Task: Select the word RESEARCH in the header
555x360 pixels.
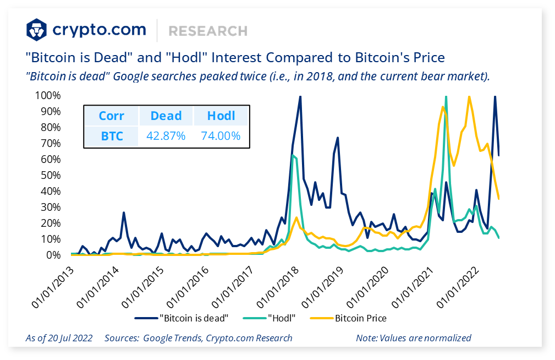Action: tap(208, 31)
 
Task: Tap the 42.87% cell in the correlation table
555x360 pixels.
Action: tap(166, 136)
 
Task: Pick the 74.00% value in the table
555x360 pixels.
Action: tap(221, 136)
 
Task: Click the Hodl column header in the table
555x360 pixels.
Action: tap(221, 116)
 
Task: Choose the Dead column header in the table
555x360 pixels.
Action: tap(166, 116)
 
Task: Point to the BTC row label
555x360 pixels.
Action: tap(112, 136)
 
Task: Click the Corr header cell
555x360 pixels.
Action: tap(112, 116)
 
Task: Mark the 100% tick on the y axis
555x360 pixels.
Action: tap(48, 96)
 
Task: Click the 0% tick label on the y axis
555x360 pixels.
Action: tap(53, 255)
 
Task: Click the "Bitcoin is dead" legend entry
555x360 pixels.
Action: tap(182, 318)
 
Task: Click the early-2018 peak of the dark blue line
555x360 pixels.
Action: tap(300, 97)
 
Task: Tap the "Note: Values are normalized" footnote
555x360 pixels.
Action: tap(414, 338)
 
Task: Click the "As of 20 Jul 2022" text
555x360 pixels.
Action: tap(59, 338)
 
